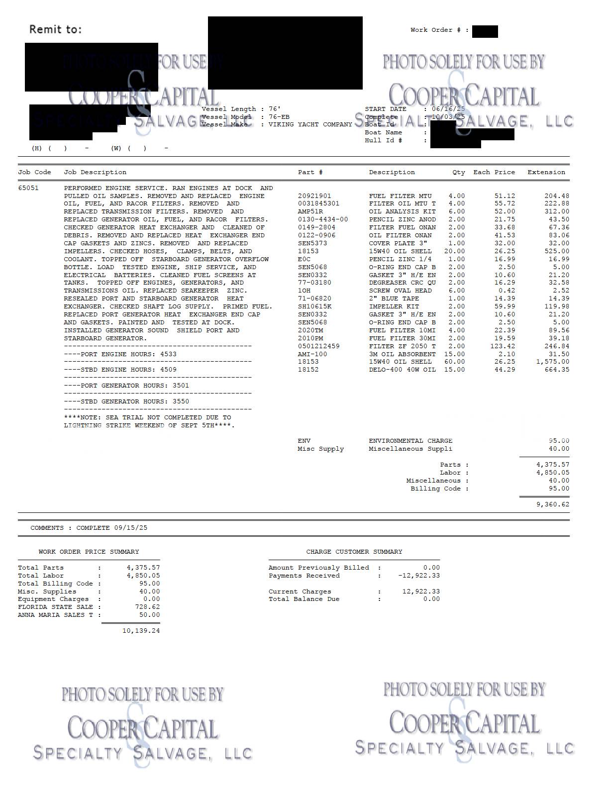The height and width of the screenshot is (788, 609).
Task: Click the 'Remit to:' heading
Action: coord(55,29)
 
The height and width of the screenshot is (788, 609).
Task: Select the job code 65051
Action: coord(28,188)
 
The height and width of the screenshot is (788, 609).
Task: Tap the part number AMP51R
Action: coord(310,211)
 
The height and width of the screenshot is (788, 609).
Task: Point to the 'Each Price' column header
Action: coord(494,172)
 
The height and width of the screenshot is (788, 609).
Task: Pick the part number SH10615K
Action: coord(314,306)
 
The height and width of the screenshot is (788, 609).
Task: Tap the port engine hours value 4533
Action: coord(168,354)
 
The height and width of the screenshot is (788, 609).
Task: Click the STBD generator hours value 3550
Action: coord(181,401)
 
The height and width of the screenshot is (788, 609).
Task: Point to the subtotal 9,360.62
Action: coord(553,504)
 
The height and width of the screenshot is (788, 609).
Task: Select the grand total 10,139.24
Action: coord(141,631)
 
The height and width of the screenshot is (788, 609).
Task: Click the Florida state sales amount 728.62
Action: coord(147,607)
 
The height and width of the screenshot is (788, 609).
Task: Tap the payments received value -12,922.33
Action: coord(419,576)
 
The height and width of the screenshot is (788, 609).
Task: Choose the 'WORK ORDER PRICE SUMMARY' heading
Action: coord(89,552)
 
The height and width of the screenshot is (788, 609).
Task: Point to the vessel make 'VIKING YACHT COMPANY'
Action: coord(310,124)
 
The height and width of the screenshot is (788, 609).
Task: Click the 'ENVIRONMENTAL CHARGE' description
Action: coord(410,441)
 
